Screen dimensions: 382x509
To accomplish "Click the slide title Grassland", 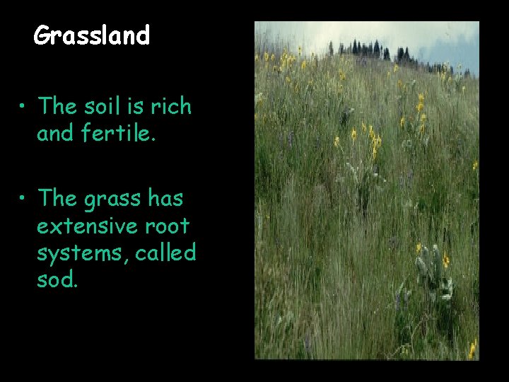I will pyautogui.click(x=92, y=35).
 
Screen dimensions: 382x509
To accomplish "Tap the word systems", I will pyautogui.click(x=73, y=253).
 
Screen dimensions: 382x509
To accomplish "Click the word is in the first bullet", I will pyautogui.click(x=139, y=107).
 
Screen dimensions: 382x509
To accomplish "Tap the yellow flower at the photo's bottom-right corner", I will pyautogui.click(x=472, y=349).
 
